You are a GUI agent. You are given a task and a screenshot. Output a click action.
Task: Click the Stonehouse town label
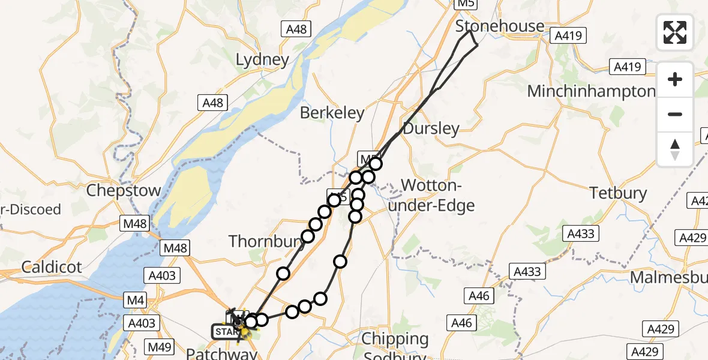(x=500, y=26)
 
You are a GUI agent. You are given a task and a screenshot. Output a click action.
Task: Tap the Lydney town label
(x=262, y=60)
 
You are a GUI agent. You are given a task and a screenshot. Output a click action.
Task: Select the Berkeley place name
(x=332, y=113)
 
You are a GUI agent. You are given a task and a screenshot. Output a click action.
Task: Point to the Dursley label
(x=431, y=128)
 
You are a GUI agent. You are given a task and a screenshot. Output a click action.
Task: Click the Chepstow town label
(x=124, y=191)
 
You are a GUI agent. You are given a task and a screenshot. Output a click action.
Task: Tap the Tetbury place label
(x=618, y=193)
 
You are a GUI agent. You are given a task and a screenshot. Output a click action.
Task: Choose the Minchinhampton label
(x=591, y=91)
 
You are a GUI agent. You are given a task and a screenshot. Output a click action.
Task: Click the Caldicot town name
(x=52, y=267)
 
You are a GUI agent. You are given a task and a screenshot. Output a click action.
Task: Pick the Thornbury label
(x=261, y=242)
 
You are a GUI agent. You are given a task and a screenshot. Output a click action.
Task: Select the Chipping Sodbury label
(x=395, y=347)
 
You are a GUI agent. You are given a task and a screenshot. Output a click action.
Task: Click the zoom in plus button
(x=675, y=79)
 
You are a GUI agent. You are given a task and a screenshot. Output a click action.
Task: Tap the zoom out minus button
(x=675, y=114)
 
